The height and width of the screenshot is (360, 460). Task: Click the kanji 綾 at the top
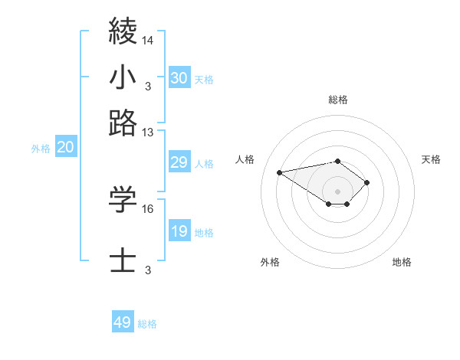click(123, 31)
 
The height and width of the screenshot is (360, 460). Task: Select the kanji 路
click(123, 123)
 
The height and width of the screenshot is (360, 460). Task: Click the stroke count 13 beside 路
click(148, 132)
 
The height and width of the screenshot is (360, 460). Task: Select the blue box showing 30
click(179, 77)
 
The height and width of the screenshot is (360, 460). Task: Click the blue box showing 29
click(179, 162)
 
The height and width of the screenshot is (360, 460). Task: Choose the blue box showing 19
click(179, 231)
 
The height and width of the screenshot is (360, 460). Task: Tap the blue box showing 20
click(65, 148)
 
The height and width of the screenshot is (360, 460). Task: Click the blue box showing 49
click(123, 322)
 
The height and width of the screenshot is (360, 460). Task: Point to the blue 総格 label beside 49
click(147, 324)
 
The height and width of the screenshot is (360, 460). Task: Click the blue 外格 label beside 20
click(41, 149)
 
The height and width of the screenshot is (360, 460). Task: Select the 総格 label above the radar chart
click(337, 100)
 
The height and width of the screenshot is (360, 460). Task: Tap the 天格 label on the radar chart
click(431, 159)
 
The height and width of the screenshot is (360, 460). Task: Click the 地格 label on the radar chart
click(402, 262)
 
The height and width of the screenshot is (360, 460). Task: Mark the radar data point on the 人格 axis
click(280, 172)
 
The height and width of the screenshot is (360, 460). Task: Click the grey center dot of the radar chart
click(337, 191)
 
